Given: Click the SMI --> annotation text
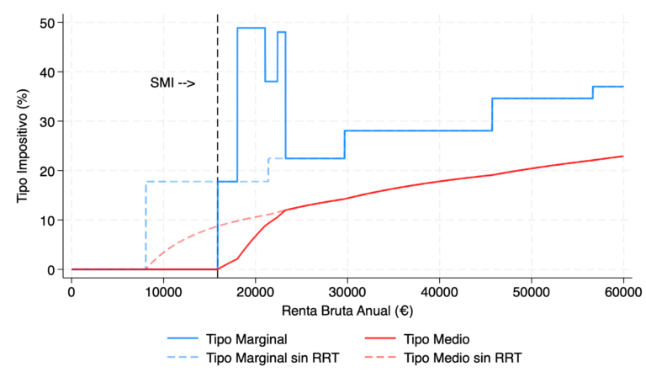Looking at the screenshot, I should pyautogui.click(x=172, y=83).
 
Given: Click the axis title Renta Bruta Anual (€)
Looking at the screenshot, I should pyautogui.click(x=347, y=311).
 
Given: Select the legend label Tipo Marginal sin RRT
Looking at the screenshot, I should pyautogui.click(x=267, y=358).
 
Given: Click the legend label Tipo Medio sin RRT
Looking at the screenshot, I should pyautogui.click(x=463, y=358).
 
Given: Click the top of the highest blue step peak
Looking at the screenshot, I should pyautogui.click(x=251, y=28).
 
